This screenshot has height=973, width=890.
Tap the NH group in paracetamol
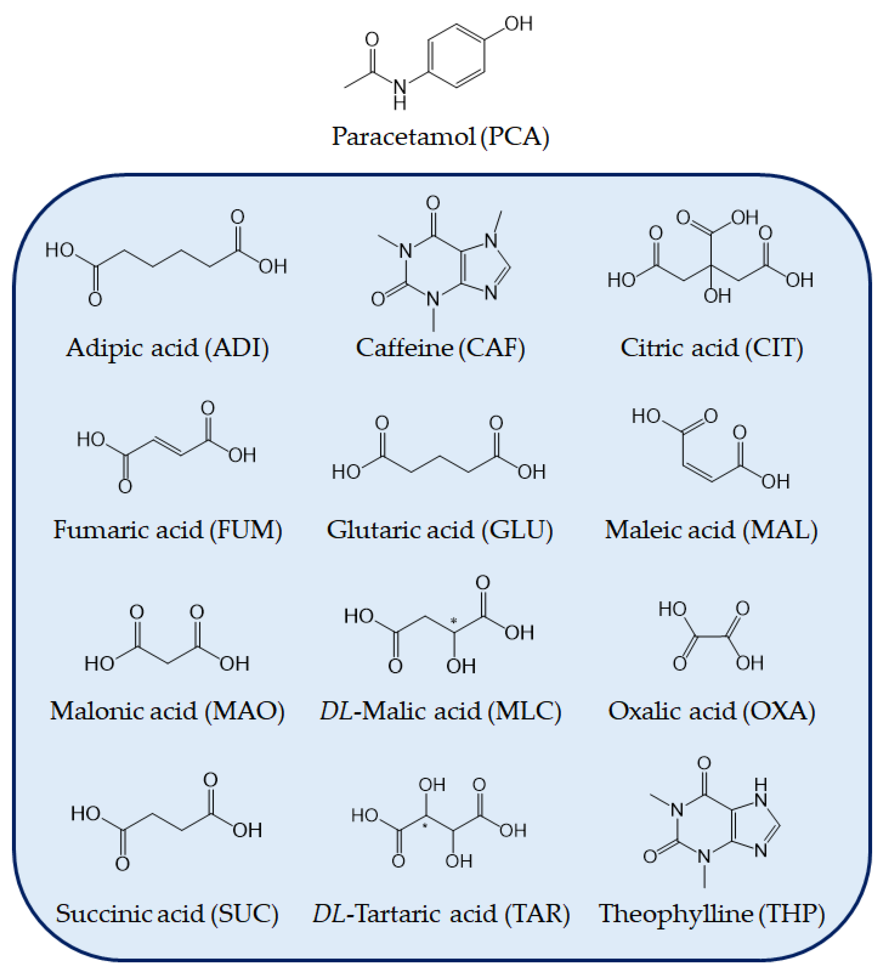point(400,94)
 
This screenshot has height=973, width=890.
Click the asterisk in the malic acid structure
point(454,621)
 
